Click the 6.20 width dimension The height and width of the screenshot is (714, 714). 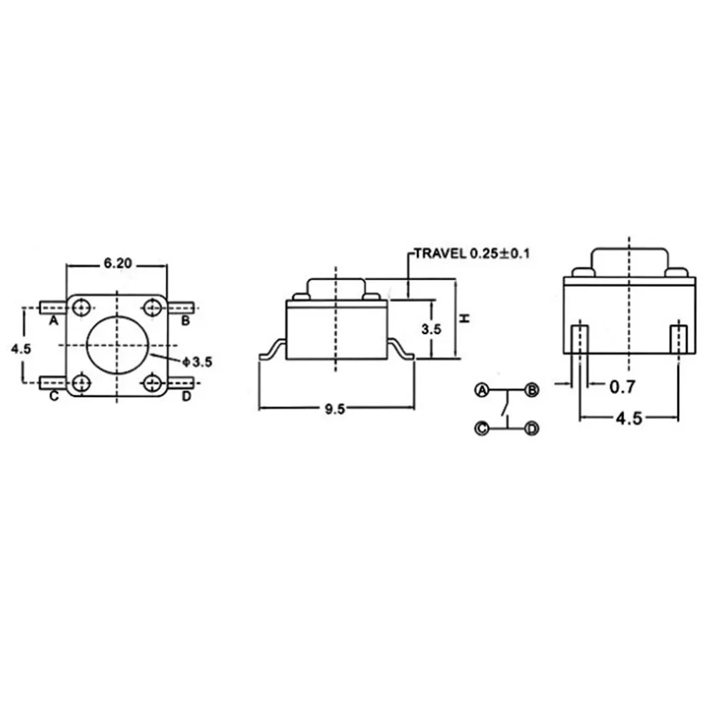click(x=118, y=263)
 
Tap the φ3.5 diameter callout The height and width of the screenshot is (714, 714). click(x=197, y=362)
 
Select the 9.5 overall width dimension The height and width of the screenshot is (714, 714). click(x=335, y=409)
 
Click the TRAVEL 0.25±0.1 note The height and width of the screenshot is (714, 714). click(x=472, y=253)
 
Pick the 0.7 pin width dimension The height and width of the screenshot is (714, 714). click(x=622, y=387)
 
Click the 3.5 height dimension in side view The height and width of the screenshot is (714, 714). click(x=431, y=328)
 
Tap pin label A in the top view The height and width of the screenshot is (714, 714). click(x=54, y=321)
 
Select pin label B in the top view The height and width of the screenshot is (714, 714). click(x=186, y=321)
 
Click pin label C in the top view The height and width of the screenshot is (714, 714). click(x=54, y=396)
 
